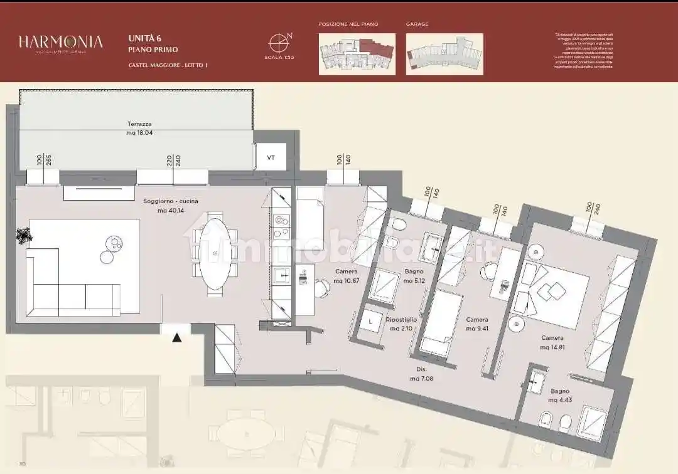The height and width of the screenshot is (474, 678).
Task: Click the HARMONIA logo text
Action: coord(60,42)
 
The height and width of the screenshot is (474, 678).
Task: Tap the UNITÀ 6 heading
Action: coord(145,38)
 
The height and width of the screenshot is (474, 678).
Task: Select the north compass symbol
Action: coord(278,42)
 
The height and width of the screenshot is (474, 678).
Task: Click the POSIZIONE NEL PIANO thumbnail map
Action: coord(357,54)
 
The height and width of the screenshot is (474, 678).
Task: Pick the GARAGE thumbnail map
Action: coord(444,54)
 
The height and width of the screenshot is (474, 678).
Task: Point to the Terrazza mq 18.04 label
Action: coord(139,129)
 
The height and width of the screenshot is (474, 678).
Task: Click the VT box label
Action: coord(271,157)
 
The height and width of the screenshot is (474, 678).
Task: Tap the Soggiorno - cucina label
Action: coord(161,206)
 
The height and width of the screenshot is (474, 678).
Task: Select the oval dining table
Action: coord(215,253)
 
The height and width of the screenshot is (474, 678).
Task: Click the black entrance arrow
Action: coord(177,338)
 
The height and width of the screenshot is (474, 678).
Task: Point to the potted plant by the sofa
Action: coord(24,236)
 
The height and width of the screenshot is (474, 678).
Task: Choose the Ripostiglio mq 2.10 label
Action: coord(402,324)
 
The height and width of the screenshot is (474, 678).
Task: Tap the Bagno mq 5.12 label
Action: coord(415,276)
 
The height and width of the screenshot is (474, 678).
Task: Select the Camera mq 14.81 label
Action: coord(552,342)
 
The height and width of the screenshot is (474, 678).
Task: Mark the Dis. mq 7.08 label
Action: coord(421,374)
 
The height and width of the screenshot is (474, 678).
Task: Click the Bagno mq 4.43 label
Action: coord(561,396)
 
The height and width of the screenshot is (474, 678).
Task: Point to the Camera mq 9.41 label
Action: coord(477,324)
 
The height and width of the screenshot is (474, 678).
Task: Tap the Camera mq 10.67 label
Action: coord(347,276)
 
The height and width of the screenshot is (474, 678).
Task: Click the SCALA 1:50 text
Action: coord(279,57)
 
